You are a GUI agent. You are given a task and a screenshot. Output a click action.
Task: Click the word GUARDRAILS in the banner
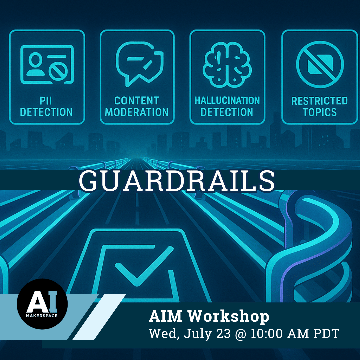coord(177,181)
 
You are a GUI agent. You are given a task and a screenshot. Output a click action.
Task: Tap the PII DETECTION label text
coord(46,107)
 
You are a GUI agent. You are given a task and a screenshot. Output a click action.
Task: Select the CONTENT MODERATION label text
coord(137,107)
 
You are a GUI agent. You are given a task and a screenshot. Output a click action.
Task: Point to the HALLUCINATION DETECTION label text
coord(227,107)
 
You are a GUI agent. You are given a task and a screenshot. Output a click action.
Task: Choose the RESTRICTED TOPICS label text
coord(320,107)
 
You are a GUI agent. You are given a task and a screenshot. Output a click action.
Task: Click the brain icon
coord(227,64)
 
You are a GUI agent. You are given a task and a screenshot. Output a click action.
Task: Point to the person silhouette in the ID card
coord(36,64)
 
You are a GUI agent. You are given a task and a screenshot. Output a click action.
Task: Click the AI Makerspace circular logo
coord(42,304)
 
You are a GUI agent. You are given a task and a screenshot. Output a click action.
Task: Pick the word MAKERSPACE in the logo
coord(42,316)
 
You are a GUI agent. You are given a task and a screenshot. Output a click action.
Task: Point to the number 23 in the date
coord(223,333)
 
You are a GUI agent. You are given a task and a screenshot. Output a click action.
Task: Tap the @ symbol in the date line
coord(240,334)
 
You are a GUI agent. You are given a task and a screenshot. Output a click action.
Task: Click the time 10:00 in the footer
coord(267,333)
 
